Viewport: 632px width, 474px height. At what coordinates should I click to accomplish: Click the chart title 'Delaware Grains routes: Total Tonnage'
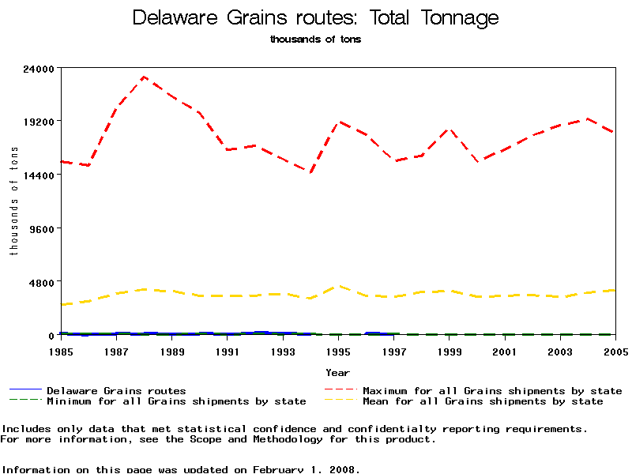click(x=315, y=17)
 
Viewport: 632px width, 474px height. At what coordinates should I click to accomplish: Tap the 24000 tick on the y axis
click(x=39, y=68)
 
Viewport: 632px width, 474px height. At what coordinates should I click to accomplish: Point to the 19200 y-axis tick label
click(x=39, y=122)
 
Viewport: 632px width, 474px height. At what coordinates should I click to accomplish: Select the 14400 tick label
click(x=39, y=175)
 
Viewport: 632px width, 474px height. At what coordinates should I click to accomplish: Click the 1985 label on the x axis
click(x=61, y=351)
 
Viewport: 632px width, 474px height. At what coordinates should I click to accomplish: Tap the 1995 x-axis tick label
click(x=338, y=351)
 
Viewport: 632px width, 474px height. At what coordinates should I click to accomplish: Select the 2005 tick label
click(x=615, y=351)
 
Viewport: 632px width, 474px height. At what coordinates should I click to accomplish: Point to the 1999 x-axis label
click(x=450, y=351)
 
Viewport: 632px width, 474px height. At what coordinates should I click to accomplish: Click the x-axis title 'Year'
click(x=337, y=371)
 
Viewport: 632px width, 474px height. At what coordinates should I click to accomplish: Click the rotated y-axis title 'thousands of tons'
click(x=13, y=201)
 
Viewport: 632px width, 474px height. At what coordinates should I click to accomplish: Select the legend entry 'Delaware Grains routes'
click(x=116, y=391)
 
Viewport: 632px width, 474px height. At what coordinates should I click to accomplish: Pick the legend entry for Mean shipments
click(x=483, y=401)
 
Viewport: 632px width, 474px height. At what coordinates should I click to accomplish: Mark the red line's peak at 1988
click(x=144, y=77)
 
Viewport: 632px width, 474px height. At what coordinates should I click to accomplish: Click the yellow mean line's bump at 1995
click(x=338, y=286)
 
